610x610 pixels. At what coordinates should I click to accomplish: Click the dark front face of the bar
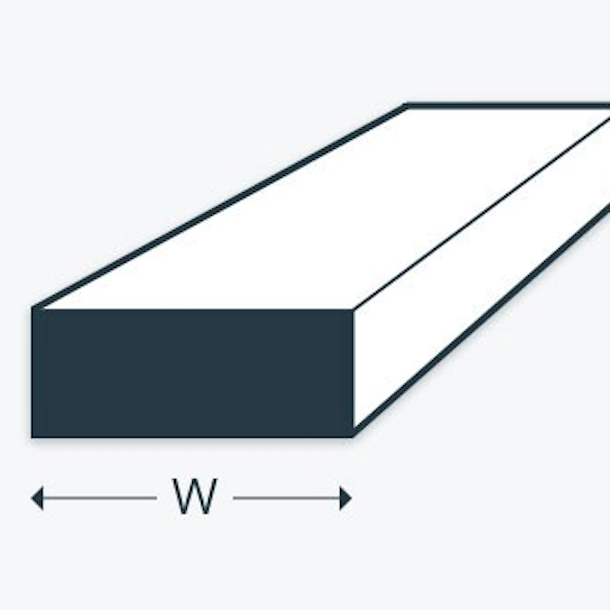click(x=193, y=373)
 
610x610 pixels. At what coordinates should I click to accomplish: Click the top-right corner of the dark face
click(x=353, y=309)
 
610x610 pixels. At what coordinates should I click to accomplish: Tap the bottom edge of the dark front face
click(x=193, y=437)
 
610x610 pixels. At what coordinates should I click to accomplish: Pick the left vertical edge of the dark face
click(x=33, y=372)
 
